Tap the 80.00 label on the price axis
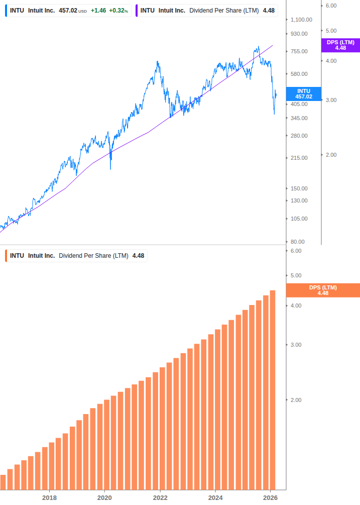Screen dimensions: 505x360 (x=297, y=242)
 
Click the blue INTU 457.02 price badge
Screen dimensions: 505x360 (x=304, y=94)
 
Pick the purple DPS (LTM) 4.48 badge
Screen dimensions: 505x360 (x=340, y=45)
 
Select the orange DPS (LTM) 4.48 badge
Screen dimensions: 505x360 (x=322, y=290)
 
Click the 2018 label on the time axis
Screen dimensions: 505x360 (x=49, y=497)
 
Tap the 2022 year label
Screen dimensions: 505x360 (x=160, y=497)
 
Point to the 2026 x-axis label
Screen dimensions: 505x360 (x=270, y=497)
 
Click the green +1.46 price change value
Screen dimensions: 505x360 (x=98, y=11)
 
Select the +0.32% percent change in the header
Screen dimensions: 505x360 (x=118, y=11)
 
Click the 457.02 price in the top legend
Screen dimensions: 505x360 (x=68, y=11)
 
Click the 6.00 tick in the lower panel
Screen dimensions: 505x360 (x=296, y=251)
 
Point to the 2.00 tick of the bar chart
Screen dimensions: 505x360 (x=296, y=400)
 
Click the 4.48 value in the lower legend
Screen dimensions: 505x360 (x=138, y=256)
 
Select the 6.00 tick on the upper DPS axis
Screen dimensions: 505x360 (x=331, y=5)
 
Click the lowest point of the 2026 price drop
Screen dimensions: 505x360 (x=274, y=114)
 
